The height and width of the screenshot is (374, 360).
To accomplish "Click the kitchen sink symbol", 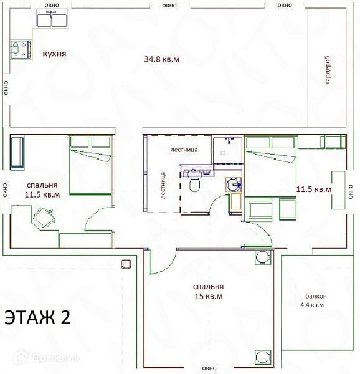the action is pyautogui.click(x=52, y=18).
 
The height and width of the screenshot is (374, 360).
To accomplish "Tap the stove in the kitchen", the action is pyautogui.click(x=21, y=50).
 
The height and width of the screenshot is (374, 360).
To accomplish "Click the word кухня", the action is pyautogui.click(x=54, y=54).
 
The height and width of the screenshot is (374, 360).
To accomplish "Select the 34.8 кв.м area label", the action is pyautogui.click(x=161, y=59).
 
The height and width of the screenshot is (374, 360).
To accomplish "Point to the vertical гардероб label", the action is pyautogui.click(x=328, y=70).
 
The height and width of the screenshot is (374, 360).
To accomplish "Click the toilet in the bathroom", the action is pyautogui.click(x=195, y=182).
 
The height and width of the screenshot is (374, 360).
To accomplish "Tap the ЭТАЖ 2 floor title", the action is pyautogui.click(x=37, y=317).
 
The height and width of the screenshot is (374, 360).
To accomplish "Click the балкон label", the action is pyautogui.click(x=316, y=296).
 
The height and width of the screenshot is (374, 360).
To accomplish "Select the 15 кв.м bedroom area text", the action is pyautogui.click(x=209, y=297).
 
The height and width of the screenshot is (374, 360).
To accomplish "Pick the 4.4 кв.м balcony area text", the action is pyautogui.click(x=312, y=305).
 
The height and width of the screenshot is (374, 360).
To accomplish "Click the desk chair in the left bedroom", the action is pyautogui.click(x=44, y=218).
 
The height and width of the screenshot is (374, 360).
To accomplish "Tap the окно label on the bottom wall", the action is pyautogui.click(x=209, y=368).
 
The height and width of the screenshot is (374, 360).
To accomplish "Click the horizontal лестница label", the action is pyautogui.click(x=184, y=150).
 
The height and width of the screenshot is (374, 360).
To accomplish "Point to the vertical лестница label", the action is pyautogui.click(x=163, y=185).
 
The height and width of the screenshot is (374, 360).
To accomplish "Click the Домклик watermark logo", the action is pyautogui.click(x=47, y=357).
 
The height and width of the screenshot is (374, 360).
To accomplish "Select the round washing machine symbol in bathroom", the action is pyautogui.click(x=234, y=185).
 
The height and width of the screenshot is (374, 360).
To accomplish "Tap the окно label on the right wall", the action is pyautogui.click(x=351, y=191).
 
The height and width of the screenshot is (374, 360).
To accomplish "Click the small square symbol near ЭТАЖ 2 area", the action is pyautogui.click(x=126, y=264).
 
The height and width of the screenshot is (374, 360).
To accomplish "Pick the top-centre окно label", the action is pyautogui.click(x=169, y=6).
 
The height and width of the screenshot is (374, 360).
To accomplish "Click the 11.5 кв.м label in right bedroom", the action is pyautogui.click(x=313, y=189).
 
